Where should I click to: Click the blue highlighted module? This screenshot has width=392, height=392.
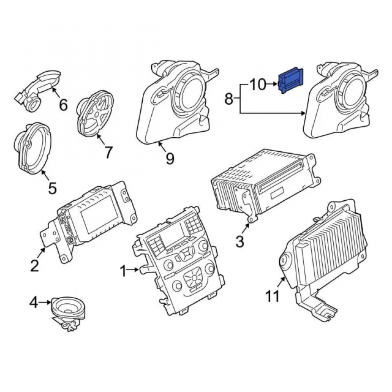click(291, 80)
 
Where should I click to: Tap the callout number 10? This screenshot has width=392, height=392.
click(258, 85)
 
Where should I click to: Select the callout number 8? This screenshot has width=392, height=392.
click(229, 99)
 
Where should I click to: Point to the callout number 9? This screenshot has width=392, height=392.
click(170, 158)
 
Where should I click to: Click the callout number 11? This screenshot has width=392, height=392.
click(272, 296)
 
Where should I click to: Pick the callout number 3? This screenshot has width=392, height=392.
click(240, 241)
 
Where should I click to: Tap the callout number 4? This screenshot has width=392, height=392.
click(34, 303)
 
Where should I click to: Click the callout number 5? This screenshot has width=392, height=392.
click(52, 188)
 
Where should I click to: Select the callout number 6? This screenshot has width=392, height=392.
click(63, 105)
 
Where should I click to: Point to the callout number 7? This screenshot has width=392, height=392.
click(108, 152)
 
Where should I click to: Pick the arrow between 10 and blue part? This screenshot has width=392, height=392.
click(272, 85)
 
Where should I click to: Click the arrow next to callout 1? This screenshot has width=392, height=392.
click(133, 270)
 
